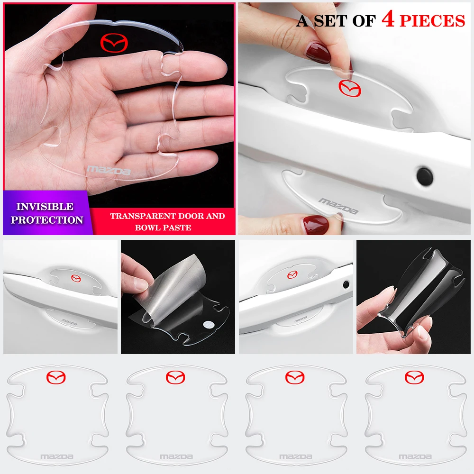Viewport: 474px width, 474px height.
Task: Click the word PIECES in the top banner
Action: tap(432, 21)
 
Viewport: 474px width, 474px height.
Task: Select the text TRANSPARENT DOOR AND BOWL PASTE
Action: tap(167, 221)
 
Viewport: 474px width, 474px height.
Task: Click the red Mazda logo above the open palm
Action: tap(116, 43)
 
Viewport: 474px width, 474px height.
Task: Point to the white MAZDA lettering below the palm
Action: tap(109, 170)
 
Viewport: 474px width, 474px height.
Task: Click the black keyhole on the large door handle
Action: tap(425, 175)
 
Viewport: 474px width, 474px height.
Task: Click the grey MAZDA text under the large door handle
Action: tap(338, 206)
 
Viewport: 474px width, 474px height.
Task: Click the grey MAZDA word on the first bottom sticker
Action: tap(57, 457)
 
